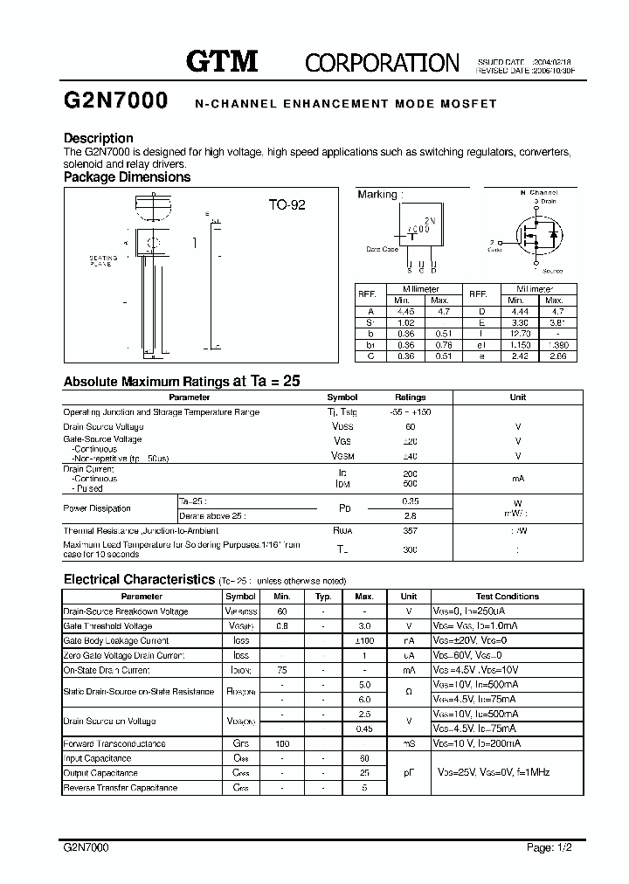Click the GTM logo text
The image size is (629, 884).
(224, 61)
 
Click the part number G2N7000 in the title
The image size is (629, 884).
(116, 102)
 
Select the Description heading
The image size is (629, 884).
(99, 138)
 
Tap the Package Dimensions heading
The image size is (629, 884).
(128, 176)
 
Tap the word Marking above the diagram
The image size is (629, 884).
(377, 195)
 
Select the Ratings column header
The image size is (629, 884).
(410, 397)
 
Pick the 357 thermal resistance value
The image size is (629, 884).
(410, 530)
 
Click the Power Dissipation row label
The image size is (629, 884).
(97, 508)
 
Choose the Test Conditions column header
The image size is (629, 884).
(507, 597)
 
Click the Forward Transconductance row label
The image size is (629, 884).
(114, 743)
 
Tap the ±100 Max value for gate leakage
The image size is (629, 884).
(364, 640)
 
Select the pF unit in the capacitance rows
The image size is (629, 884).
(408, 773)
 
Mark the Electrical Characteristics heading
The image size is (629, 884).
(139, 579)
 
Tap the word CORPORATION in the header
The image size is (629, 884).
(382, 62)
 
